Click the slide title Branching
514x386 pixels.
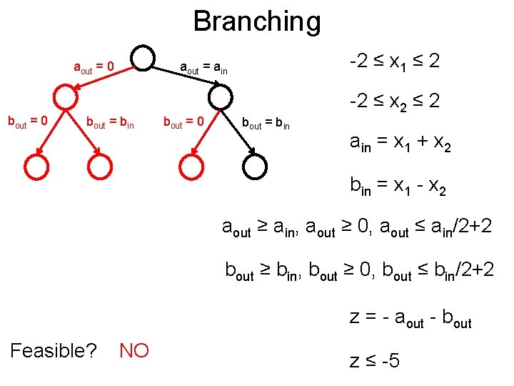tap(257, 21)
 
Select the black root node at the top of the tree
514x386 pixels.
tap(143, 59)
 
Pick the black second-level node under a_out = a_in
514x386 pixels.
tap(221, 97)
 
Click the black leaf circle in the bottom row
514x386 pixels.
tap(255, 167)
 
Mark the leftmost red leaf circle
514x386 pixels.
tap(36, 167)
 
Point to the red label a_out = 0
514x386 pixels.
tap(94, 69)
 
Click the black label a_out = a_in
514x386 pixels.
tap(213, 69)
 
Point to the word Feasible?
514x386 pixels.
tap(55, 350)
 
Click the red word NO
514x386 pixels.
tap(134, 350)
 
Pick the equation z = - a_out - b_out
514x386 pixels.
tap(410, 318)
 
